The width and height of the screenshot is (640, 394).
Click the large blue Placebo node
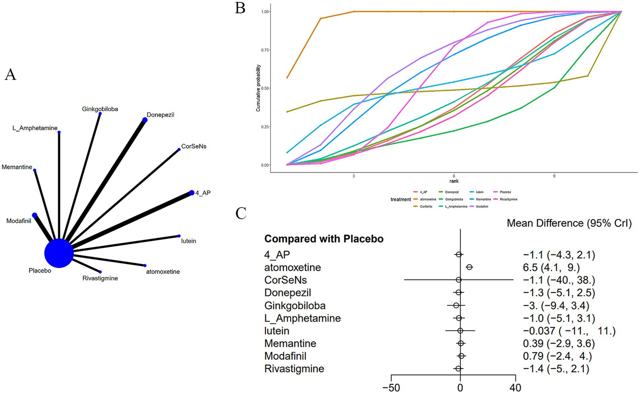(x=59, y=253)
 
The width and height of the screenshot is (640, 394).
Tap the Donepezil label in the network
(x=160, y=115)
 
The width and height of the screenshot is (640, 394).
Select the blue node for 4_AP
(x=192, y=193)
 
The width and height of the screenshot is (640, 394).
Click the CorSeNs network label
(x=193, y=147)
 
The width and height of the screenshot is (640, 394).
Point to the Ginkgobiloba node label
(x=100, y=109)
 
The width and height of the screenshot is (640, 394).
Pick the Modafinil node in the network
(x=35, y=215)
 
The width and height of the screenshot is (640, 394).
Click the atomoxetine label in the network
(x=163, y=272)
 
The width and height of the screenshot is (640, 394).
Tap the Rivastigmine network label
(x=100, y=278)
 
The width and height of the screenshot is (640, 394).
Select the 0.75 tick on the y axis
(x=265, y=50)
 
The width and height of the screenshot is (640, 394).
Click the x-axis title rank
(x=454, y=181)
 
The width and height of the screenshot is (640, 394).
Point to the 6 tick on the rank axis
(x=454, y=176)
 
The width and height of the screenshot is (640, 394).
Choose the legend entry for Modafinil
(x=482, y=206)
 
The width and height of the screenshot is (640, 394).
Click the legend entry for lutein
(x=479, y=192)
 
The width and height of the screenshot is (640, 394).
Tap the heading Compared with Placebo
(x=324, y=239)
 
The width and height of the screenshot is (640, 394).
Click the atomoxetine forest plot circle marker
(x=469, y=267)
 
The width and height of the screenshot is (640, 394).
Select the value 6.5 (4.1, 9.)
(x=551, y=268)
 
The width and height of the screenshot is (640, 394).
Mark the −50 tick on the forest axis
(x=391, y=388)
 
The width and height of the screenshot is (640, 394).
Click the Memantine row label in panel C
(x=290, y=344)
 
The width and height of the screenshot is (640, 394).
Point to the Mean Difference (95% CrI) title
(x=569, y=223)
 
